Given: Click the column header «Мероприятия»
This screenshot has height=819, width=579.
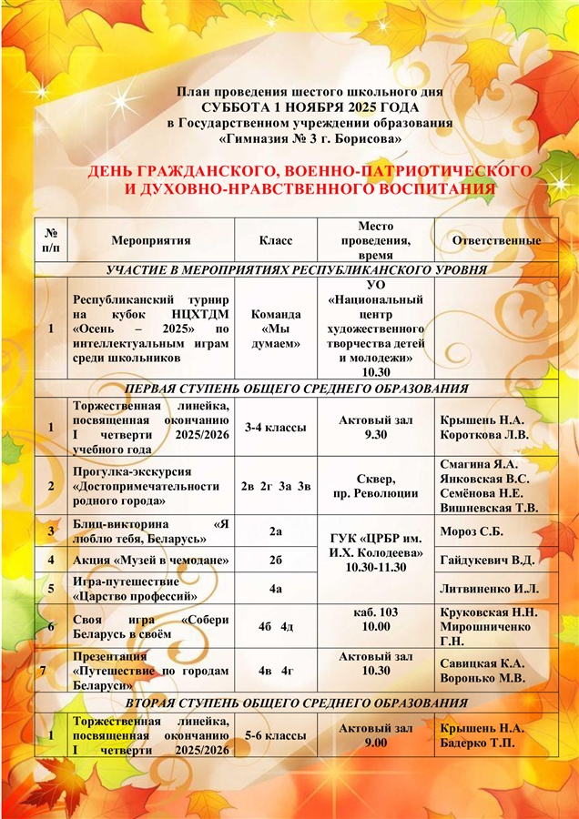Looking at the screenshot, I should click(x=150, y=240).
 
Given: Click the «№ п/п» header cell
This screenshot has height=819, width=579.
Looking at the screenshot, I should click(x=52, y=240).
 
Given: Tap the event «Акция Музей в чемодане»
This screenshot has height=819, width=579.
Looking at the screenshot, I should click(x=149, y=559).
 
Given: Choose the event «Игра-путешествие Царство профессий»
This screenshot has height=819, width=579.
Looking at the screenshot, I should click(x=137, y=588).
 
